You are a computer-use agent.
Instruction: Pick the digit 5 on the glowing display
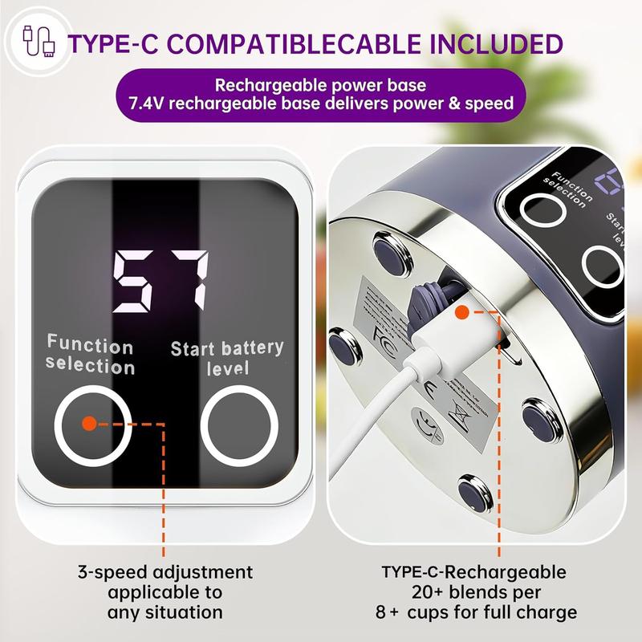(134, 282)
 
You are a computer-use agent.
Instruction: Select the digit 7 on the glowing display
(187, 282)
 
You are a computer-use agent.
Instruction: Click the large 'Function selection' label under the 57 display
(90, 356)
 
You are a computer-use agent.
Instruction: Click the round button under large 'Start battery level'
(238, 422)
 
